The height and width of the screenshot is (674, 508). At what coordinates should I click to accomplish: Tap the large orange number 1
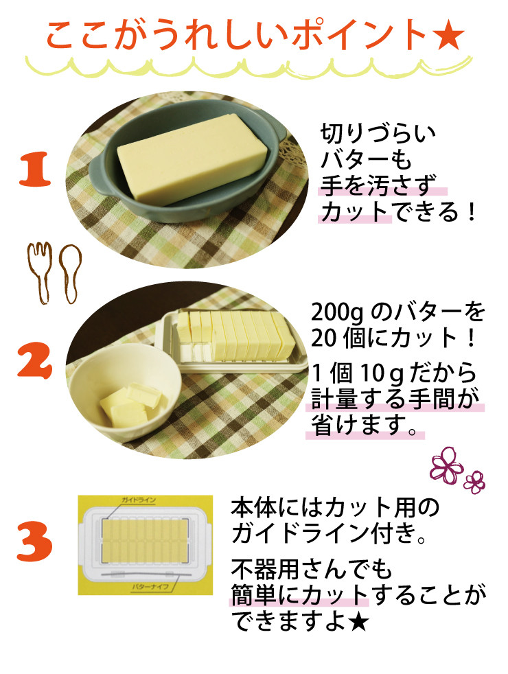point(34,171)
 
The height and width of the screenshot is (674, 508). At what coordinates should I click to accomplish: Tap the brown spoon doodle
point(69,271)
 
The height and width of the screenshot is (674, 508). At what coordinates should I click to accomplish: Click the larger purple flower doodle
point(446,463)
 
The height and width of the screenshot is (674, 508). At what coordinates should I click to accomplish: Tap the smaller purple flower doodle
point(474,480)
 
